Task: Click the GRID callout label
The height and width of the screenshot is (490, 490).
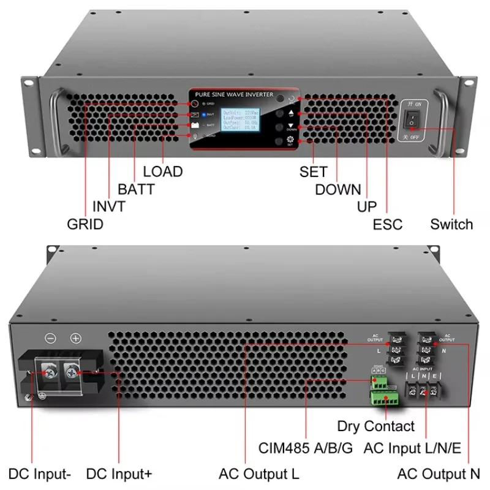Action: pyautogui.click(x=85, y=224)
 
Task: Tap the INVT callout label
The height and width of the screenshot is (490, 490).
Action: pyautogui.click(x=109, y=207)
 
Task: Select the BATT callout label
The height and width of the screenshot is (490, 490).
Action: pyautogui.click(x=136, y=189)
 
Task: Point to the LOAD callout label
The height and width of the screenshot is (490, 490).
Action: pyautogui.click(x=163, y=171)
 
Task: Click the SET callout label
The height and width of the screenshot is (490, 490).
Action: pyautogui.click(x=313, y=172)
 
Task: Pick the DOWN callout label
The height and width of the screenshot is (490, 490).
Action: pyautogui.click(x=338, y=190)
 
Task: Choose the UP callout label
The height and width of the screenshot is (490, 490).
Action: pyautogui.click(x=367, y=207)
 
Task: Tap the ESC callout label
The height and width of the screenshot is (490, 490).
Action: pyautogui.click(x=388, y=224)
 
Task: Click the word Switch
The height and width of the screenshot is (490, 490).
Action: pyautogui.click(x=451, y=224)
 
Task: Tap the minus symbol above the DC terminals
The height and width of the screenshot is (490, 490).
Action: pyautogui.click(x=51, y=338)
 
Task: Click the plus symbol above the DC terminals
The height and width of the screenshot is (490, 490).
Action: pyautogui.click(x=75, y=338)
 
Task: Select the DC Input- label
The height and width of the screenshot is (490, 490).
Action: pyautogui.click(x=40, y=473)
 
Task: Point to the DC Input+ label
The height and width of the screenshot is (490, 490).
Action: pyautogui.click(x=119, y=473)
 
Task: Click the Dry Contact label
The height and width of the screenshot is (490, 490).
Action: pyautogui.click(x=375, y=426)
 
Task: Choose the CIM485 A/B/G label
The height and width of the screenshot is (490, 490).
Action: pyautogui.click(x=306, y=448)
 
